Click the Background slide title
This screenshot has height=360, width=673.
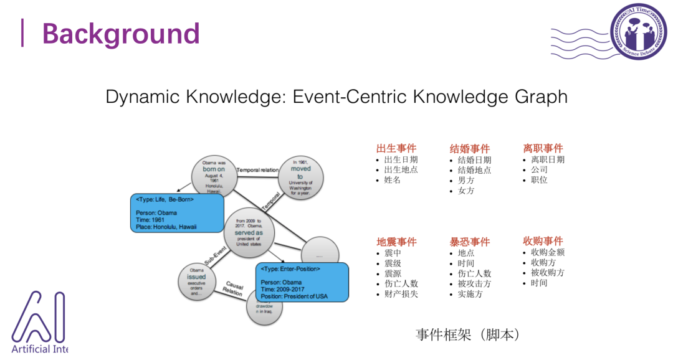(121, 34)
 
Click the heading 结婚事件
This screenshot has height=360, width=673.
(470, 149)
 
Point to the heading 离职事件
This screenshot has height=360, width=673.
(543, 148)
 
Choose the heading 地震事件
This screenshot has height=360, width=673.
(396, 242)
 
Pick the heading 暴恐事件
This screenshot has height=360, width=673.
(470, 242)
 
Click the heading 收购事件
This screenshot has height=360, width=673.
(543, 241)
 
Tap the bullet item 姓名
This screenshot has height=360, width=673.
(393, 180)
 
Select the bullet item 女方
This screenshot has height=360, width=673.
(466, 191)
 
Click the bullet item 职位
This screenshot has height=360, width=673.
(540, 180)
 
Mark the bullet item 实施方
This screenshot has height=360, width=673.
(470, 294)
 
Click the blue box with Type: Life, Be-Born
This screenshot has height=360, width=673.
(177, 213)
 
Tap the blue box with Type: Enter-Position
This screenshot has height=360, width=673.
(302, 282)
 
